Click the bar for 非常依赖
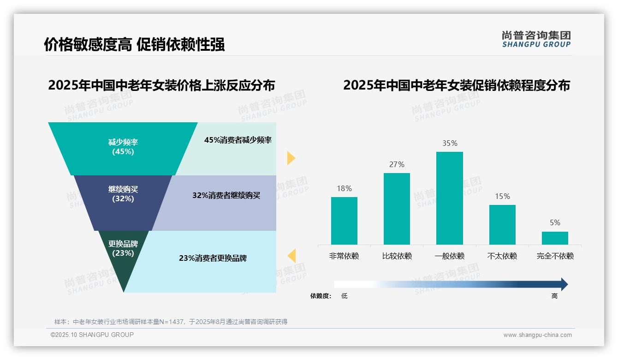[344, 221]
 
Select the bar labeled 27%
[397, 209]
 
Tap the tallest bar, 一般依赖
[450, 198]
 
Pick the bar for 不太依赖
[502, 224]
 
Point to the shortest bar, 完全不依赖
[555, 238]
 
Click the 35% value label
[450, 143]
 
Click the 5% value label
[555, 222]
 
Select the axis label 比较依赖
[397, 256]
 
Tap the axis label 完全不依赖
[555, 256]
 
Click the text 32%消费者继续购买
[226, 195]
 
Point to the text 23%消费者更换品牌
[213, 258]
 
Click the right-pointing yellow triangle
[291, 158]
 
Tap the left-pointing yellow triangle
[291, 255]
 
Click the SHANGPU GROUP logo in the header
[536, 39]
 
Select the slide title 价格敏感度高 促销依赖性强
[134, 44]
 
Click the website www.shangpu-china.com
[537, 335]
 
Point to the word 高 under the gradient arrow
[554, 296]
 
